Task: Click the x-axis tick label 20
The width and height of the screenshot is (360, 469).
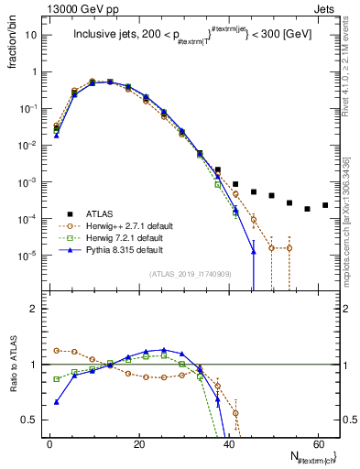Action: coord(138,443)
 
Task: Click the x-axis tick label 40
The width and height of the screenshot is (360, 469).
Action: coord(228,443)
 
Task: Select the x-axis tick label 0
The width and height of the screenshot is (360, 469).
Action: coord(49,443)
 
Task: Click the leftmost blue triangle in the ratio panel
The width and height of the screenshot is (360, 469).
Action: coord(57,401)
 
